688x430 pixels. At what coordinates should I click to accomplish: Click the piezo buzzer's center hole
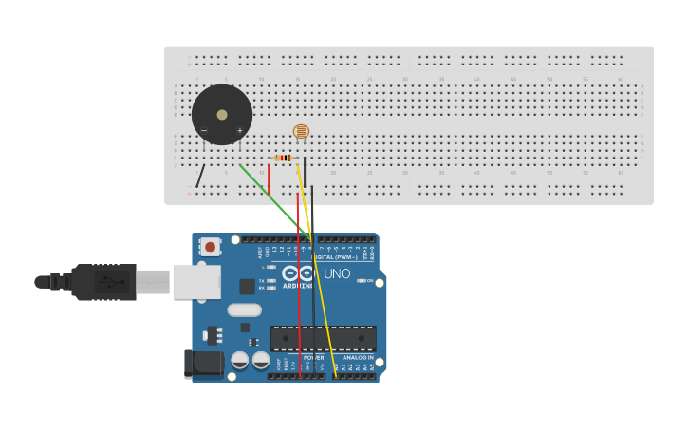pos(222,115)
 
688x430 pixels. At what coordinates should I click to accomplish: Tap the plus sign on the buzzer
pos(239,131)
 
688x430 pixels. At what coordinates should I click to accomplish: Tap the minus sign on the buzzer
pos(204,131)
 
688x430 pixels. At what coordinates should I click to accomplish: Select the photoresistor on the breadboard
pos(301,132)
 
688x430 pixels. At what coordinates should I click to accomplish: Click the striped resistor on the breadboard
pos(283,158)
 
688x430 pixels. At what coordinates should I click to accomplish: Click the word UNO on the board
pos(337,274)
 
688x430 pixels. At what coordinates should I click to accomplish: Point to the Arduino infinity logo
pos(297,273)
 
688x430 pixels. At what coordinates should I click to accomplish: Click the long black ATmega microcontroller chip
pos(323,338)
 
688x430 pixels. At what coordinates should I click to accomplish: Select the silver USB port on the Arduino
pos(196,282)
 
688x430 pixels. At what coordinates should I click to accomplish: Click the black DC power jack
pos(203,364)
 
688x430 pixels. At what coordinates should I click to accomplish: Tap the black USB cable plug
pos(103,282)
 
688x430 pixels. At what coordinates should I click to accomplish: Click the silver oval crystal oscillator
pos(244,309)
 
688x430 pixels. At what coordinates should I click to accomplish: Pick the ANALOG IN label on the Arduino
pos(358,357)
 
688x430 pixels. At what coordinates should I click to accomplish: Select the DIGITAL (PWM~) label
pos(334,257)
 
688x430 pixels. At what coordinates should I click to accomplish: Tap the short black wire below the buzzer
pos(200,176)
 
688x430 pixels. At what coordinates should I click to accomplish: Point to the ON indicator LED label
pos(369,281)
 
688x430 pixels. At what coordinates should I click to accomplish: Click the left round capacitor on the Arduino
pos(240,360)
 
